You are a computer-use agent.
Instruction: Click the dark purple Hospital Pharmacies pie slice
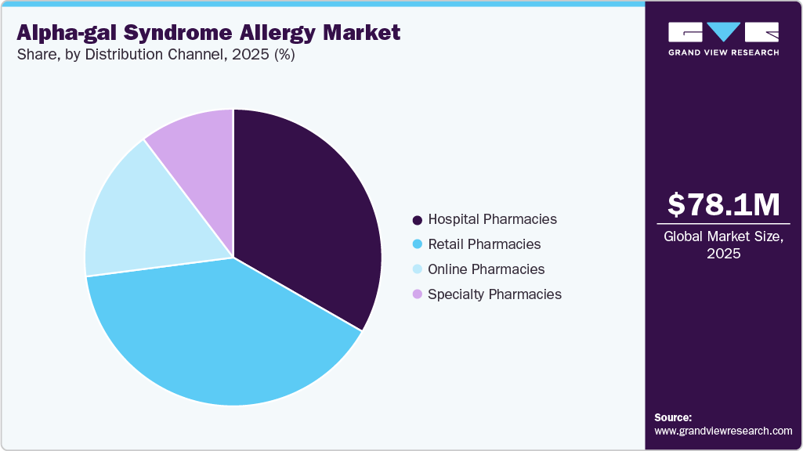[306, 211]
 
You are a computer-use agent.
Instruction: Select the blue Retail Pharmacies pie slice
[219, 337]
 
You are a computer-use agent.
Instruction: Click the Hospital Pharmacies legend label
[492, 219]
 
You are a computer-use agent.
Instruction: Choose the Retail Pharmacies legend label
[484, 244]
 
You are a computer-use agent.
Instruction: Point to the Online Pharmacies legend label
[486, 269]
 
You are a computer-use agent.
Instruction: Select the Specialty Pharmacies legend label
[494, 294]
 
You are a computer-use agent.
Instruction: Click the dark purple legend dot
[418, 220]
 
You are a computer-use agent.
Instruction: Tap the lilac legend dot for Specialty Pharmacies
[418, 294]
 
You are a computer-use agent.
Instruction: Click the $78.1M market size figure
[724, 205]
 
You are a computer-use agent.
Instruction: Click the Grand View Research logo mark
[723, 32]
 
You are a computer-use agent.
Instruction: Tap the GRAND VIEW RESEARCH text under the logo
[723, 52]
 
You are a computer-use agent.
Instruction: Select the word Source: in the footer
[673, 418]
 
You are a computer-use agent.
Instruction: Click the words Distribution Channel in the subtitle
[156, 56]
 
